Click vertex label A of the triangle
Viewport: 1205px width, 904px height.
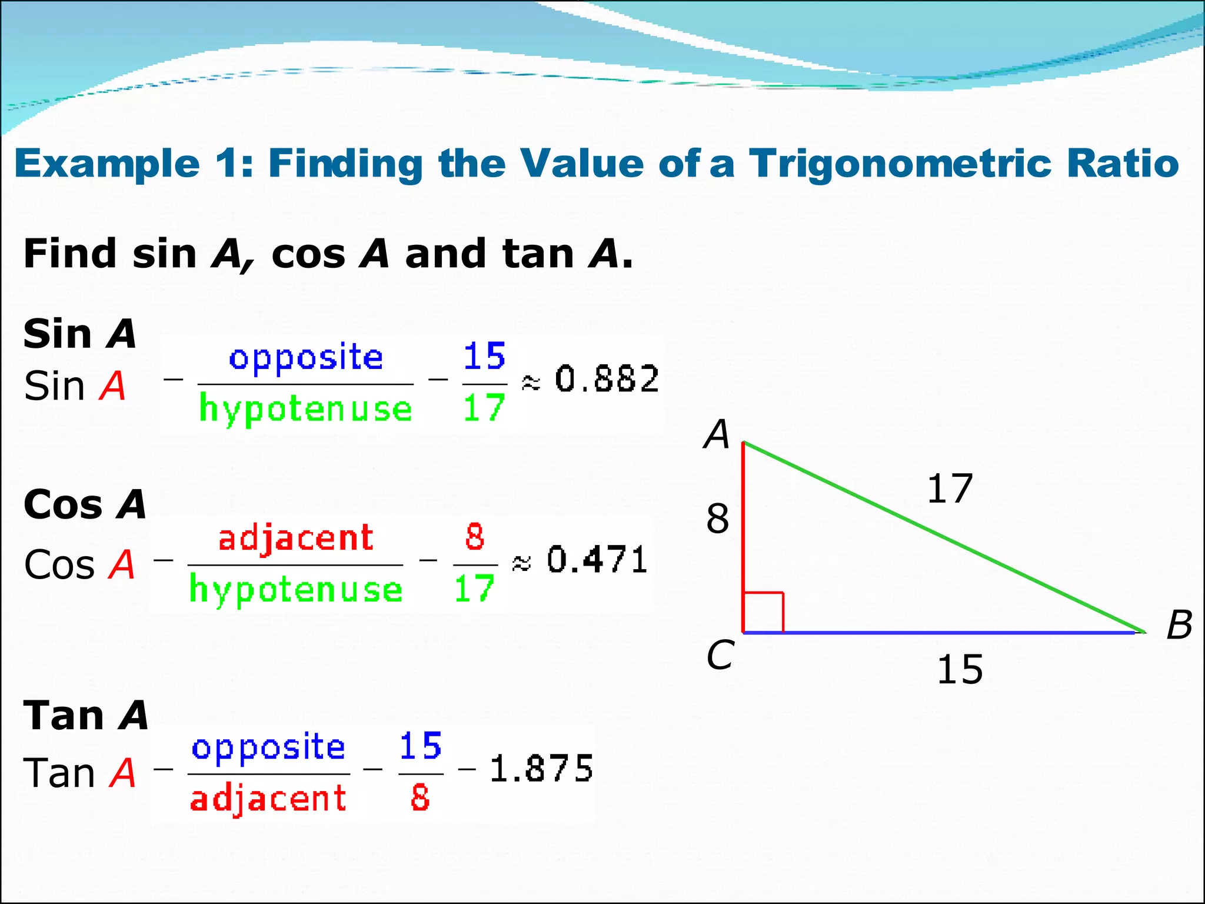717,434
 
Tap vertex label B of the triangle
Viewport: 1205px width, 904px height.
1179,624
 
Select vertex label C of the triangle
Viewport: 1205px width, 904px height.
720,655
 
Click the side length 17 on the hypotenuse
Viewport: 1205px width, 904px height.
949,488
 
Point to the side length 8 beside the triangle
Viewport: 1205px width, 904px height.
718,519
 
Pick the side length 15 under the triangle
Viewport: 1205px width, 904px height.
960,670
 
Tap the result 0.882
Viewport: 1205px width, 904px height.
607,379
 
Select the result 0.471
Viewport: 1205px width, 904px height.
597,560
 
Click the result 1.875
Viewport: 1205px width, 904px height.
541,769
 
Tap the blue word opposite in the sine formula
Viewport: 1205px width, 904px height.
306,358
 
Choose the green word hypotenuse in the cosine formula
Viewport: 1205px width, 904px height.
296,590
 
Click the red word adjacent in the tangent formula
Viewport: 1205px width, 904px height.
268,799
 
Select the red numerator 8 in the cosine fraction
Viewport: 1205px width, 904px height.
475,537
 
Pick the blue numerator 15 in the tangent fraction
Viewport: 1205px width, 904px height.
420,746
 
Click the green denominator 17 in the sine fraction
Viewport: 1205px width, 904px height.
484,408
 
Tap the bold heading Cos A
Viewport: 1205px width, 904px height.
85,505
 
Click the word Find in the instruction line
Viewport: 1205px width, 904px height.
70,254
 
